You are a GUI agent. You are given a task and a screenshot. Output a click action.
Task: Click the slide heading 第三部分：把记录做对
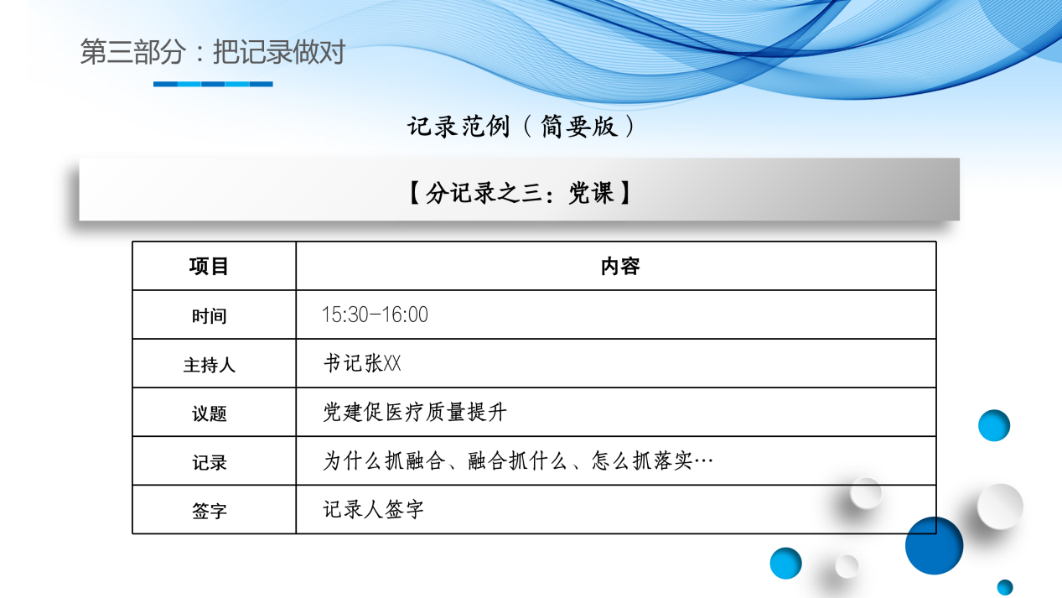(x=212, y=52)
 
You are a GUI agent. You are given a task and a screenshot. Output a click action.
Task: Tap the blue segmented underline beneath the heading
(x=213, y=84)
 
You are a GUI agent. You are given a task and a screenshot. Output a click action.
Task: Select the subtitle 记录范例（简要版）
(x=521, y=127)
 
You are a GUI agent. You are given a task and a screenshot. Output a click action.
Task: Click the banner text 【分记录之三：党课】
(x=520, y=194)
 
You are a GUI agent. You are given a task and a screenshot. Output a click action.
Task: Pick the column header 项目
(x=209, y=267)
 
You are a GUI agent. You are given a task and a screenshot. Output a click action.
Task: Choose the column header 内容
(x=620, y=267)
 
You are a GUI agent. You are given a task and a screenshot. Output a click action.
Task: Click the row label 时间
(x=209, y=316)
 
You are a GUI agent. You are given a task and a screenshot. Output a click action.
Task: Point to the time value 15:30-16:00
(x=375, y=315)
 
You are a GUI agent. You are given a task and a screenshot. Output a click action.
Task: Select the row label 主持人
(x=209, y=365)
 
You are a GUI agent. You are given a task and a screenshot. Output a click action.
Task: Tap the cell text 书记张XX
(x=362, y=364)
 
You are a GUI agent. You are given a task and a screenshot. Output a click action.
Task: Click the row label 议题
(x=209, y=413)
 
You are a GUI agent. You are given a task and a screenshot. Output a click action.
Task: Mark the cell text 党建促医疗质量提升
(x=415, y=413)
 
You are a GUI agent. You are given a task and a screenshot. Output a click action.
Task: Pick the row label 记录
(x=209, y=462)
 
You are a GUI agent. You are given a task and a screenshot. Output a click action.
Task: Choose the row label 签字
(x=209, y=511)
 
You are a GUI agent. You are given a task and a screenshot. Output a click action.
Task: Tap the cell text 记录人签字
(x=374, y=510)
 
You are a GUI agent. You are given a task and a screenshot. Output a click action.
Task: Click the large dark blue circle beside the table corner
(x=935, y=545)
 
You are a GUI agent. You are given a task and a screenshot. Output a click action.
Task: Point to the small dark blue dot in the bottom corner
(x=1005, y=587)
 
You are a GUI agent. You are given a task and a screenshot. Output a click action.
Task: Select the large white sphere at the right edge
(x=1000, y=506)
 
